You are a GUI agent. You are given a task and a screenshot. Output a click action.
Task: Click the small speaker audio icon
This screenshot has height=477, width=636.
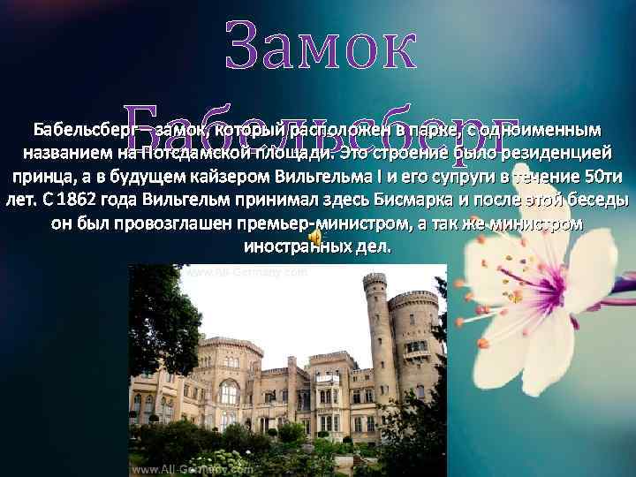pos(314,238)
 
